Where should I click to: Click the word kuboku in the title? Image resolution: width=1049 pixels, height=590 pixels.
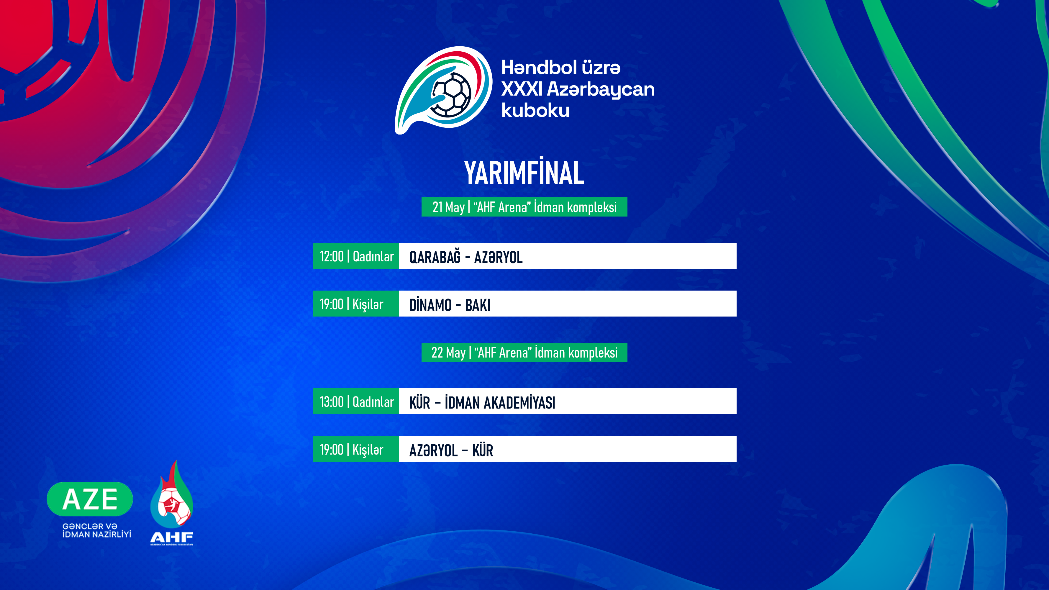click(535, 110)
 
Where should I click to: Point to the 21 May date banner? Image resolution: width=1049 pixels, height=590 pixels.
click(524, 207)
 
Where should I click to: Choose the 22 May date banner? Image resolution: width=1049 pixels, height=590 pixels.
click(524, 352)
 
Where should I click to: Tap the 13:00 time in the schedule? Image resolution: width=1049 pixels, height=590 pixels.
click(332, 402)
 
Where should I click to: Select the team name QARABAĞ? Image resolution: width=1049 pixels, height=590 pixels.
click(435, 257)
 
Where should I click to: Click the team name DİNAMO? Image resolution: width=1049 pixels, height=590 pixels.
click(430, 304)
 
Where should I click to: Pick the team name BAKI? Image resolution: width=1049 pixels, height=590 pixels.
click(478, 304)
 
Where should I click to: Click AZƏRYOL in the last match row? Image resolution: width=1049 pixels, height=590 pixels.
click(433, 451)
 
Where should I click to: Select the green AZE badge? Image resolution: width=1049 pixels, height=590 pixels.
click(90, 499)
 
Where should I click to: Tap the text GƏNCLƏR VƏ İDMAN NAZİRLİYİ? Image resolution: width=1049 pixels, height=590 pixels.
click(96, 530)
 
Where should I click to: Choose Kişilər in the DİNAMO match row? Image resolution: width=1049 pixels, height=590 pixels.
click(368, 304)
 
